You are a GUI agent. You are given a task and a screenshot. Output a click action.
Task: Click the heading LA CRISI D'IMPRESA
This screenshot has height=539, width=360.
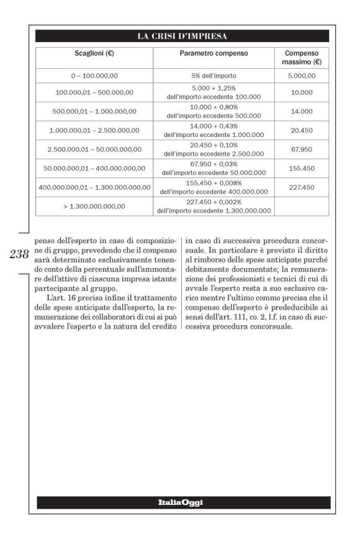[182, 35]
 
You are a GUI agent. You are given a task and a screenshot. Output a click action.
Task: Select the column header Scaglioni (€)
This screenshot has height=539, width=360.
[94, 53]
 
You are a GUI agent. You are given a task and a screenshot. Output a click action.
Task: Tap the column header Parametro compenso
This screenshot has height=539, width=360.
[214, 53]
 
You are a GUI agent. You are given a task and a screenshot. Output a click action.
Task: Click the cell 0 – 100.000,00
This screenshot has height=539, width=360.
[94, 76]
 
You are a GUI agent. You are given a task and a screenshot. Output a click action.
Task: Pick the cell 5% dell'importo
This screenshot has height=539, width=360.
[214, 76]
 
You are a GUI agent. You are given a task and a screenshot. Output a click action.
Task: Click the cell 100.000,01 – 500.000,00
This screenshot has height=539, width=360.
[94, 92]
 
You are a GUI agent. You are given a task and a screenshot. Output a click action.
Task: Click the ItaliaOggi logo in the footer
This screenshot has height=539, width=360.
[182, 502]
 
